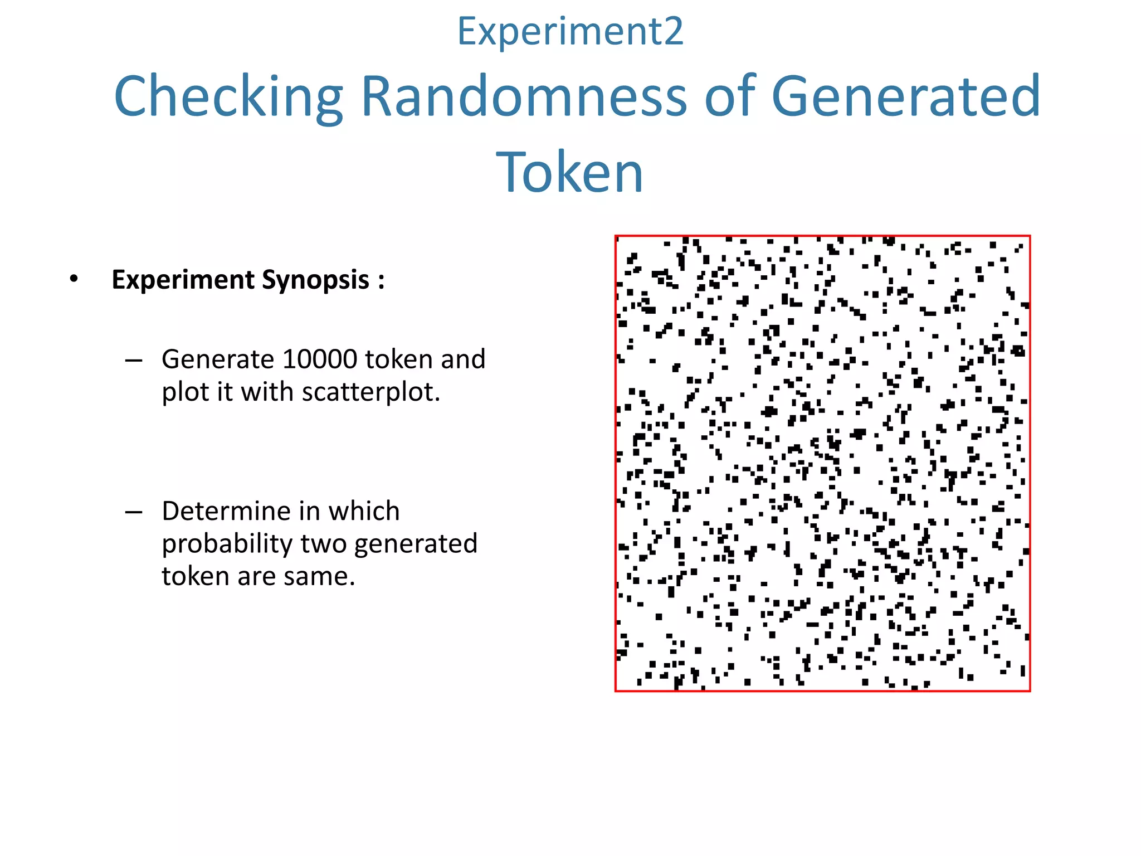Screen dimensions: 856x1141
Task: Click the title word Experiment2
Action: coord(570,32)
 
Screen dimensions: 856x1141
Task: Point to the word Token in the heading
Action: coord(570,172)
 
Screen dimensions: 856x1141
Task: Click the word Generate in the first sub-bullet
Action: coord(217,359)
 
